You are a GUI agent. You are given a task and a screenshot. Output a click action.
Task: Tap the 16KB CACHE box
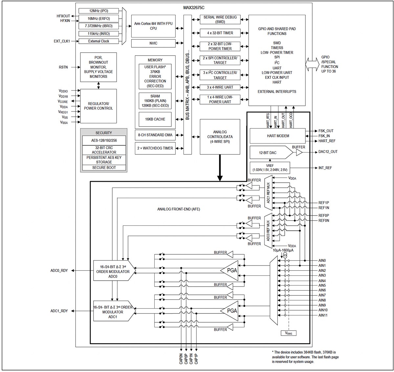pos(155,119)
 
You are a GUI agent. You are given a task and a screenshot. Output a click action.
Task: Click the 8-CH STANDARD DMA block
pos(155,135)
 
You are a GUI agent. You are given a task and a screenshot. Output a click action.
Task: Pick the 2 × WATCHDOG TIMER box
pos(155,148)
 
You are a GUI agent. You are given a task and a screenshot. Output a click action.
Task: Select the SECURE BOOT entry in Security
pos(103,168)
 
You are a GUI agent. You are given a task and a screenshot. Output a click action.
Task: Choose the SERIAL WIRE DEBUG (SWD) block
pos(220,19)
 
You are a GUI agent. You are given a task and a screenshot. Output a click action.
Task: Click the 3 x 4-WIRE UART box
pos(220,87)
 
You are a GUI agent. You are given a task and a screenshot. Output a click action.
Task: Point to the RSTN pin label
pos(64,67)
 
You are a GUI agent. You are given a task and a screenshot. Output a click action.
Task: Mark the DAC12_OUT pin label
pos(328,152)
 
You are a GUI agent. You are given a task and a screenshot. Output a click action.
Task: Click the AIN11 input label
pos(323,315)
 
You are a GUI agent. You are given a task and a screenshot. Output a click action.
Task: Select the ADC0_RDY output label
pos(59,271)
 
